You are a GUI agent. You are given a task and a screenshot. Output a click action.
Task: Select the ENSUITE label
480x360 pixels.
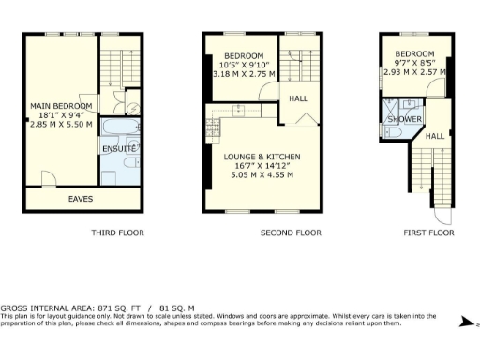point(120,149)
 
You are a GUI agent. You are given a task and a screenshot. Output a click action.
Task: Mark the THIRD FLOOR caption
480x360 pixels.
point(118,232)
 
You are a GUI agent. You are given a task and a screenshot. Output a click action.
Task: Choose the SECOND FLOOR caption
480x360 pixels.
point(291,232)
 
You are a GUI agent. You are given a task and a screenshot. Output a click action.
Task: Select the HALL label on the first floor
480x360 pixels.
point(435,137)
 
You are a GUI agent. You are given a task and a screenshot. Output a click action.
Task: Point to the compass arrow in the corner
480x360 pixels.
point(466,322)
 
